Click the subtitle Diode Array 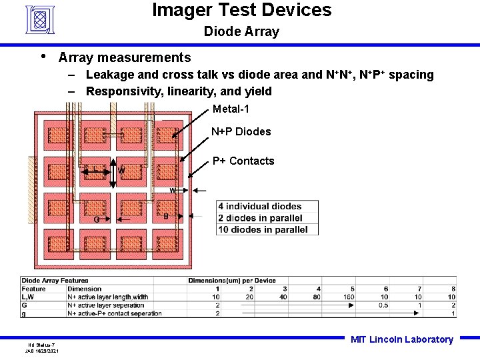point(241,31)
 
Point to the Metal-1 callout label point(231,109)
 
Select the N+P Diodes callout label point(241,132)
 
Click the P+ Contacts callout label point(243,161)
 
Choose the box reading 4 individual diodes point(259,207)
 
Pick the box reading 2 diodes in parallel point(260,218)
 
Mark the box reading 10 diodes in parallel point(263,229)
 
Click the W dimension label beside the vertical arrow point(121,170)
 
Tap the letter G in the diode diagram point(97,219)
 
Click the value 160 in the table point(349,297)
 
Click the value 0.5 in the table point(383,305)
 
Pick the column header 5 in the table point(351,289)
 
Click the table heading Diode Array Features point(55,281)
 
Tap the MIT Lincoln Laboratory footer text point(401,339)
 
